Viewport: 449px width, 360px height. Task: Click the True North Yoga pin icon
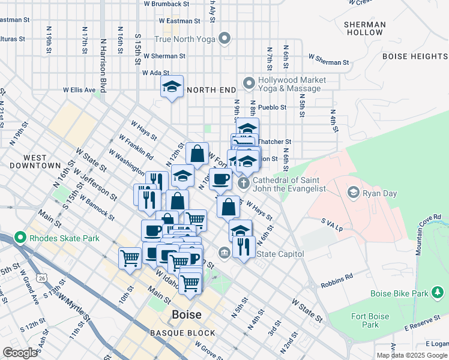(x=225, y=40)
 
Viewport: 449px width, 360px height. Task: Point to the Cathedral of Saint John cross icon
(x=244, y=182)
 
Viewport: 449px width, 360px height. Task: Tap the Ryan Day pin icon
(x=354, y=192)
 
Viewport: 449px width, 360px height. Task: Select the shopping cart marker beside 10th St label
(x=130, y=259)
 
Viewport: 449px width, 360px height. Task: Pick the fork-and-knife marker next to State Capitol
(x=243, y=246)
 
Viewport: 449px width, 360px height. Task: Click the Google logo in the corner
(x=20, y=353)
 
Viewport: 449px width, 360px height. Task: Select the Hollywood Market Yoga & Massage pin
(x=249, y=83)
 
